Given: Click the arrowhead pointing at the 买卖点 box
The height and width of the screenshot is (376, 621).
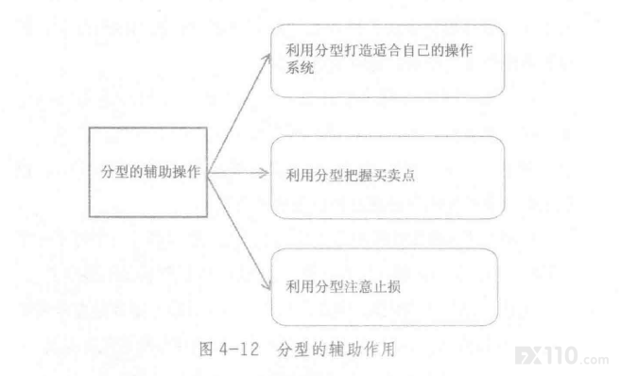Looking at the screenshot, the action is [x=264, y=173].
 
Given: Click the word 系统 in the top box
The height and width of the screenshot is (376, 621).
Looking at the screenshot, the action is [x=300, y=68].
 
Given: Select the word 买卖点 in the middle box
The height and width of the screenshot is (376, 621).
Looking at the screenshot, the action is [x=393, y=175].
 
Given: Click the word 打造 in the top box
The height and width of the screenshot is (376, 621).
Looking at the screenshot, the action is [x=359, y=50].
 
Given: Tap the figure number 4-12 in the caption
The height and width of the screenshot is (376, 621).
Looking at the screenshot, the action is [x=239, y=350].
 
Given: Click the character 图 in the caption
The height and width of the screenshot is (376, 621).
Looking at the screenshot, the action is [x=207, y=350].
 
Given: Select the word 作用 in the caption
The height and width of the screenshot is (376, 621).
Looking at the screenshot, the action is [x=380, y=350].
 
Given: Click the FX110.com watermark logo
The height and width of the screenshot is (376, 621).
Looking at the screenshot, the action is [x=561, y=355].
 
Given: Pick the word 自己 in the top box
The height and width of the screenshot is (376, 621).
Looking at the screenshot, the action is [x=417, y=50].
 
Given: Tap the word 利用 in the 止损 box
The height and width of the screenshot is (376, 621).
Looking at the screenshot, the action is [x=300, y=286].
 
